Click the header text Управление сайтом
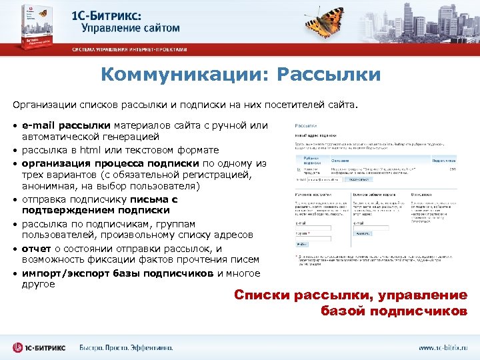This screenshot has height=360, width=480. pyautogui.click(x=131, y=29)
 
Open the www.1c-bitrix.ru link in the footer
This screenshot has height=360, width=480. pyautogui.click(x=443, y=348)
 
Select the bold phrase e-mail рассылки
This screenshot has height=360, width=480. pyautogui.click(x=66, y=125)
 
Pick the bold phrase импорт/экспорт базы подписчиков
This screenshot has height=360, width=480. pyautogui.click(x=117, y=273)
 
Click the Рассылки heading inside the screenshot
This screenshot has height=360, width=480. pyautogui.click(x=306, y=125)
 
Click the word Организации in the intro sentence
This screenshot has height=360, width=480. pyautogui.click(x=43, y=105)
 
